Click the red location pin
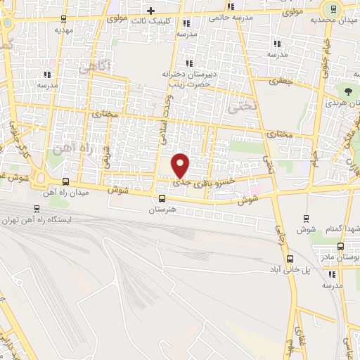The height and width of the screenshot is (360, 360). click(x=181, y=164)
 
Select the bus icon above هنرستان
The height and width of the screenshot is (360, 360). click(x=162, y=198)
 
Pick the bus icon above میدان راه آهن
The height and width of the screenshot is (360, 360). click(x=65, y=181)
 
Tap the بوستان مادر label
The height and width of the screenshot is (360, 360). click(x=342, y=257)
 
